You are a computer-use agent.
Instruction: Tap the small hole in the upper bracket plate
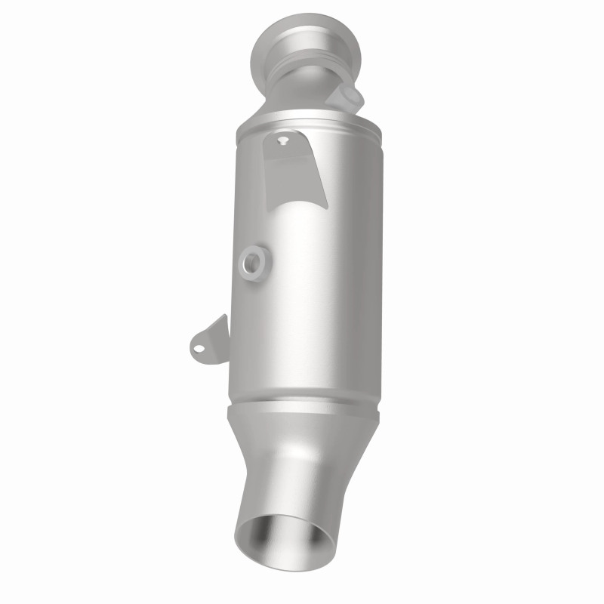pos(283,140)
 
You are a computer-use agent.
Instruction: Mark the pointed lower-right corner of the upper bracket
pos(327,205)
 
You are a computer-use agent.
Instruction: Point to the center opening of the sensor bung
pos(252,263)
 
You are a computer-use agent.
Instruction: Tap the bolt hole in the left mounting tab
pos(198,348)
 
